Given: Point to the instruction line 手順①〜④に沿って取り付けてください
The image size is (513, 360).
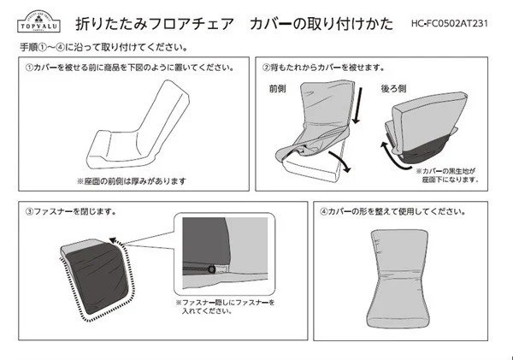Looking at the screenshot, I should (103, 45).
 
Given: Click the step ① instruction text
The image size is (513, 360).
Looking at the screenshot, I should (128, 66).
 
